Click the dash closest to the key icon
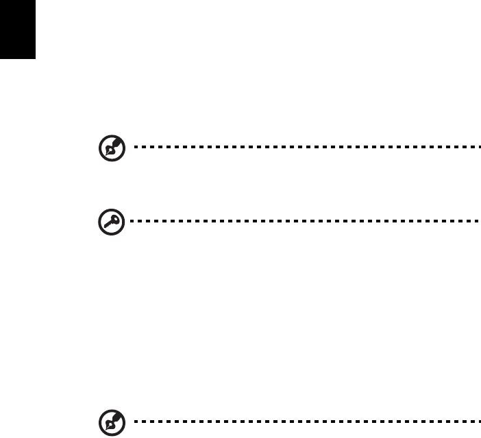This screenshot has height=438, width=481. click(x=129, y=222)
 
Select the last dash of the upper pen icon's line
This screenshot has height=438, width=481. click(x=472, y=146)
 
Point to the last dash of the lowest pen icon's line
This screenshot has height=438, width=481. click(x=472, y=419)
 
